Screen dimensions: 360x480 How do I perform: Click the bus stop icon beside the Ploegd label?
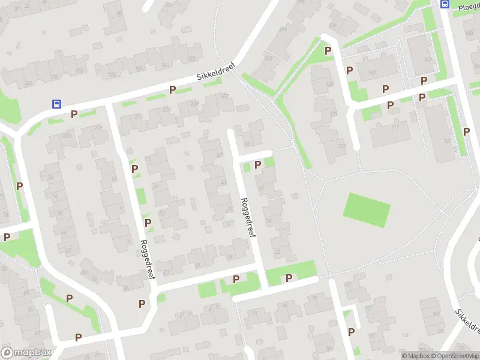point(445,4)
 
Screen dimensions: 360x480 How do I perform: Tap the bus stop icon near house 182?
point(56,103)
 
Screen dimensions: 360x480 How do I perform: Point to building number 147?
point(372,73)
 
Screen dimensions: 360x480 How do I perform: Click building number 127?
point(341,146)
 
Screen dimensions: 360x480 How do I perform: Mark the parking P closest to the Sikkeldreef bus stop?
point(74,114)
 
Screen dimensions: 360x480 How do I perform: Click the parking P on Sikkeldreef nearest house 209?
point(172,90)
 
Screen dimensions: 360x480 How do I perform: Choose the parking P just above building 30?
point(258,164)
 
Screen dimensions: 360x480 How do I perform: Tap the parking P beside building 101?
point(466,131)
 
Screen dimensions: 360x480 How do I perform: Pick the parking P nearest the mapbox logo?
point(78,337)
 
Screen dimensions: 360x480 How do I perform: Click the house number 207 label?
point(208,97)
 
